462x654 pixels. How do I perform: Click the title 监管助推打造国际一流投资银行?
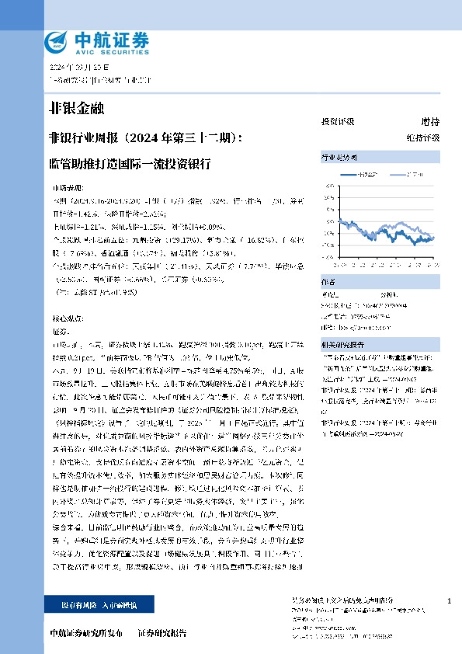(x=129, y=165)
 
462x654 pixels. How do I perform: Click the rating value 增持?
(x=430, y=122)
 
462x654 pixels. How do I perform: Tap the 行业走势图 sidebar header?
(x=339, y=157)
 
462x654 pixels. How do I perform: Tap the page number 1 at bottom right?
(x=449, y=602)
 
